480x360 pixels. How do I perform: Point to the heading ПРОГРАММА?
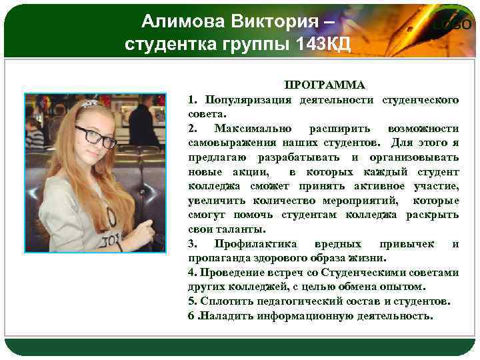[325, 85]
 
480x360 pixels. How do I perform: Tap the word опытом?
[402, 287]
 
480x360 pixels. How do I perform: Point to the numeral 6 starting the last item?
[191, 315]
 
